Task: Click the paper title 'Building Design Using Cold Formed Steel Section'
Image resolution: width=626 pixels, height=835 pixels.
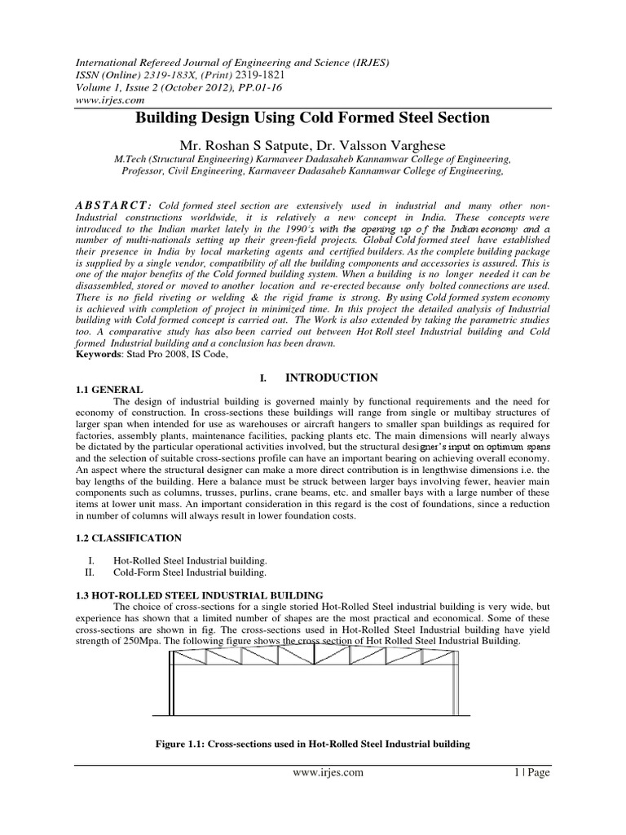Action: coord(312,117)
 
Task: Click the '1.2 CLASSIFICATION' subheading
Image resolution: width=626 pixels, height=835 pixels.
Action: coord(127,539)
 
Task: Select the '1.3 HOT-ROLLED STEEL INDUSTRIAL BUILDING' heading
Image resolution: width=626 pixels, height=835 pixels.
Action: coord(199,595)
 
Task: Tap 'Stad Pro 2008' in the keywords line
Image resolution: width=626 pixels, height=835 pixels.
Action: coord(159,356)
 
